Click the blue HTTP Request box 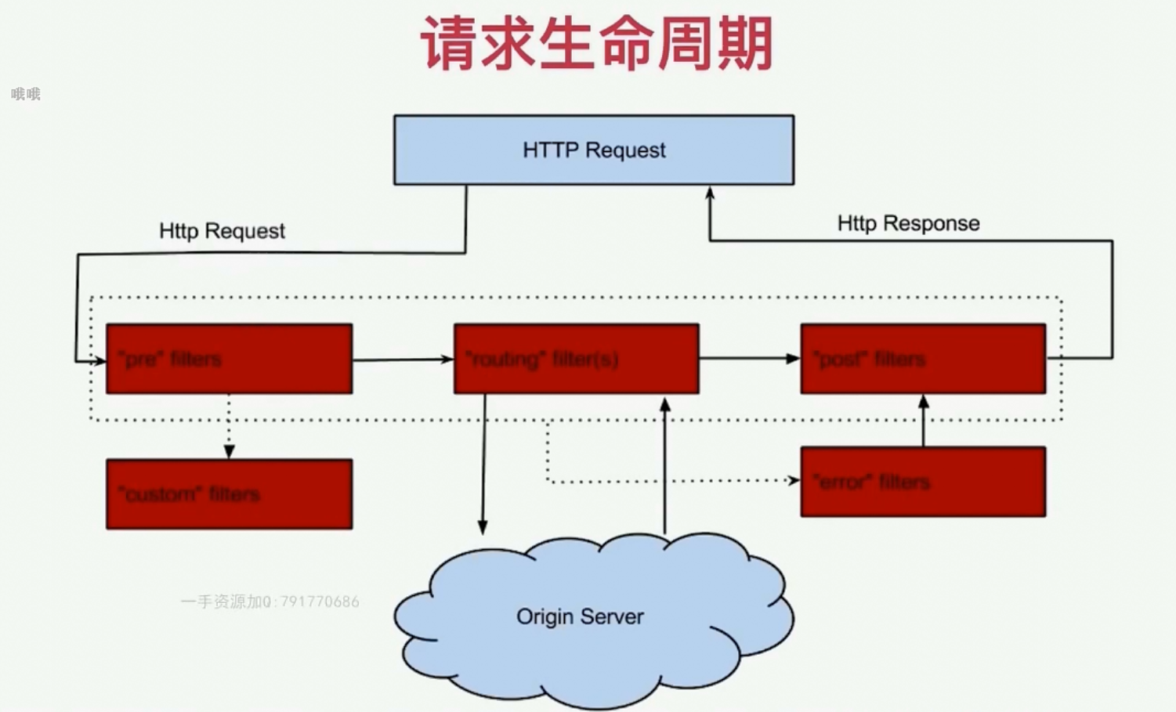[x=593, y=150]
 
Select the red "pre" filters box [x=229, y=359]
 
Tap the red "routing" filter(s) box [x=576, y=359]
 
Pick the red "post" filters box [x=923, y=359]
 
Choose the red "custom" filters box [x=229, y=494]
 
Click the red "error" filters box [x=923, y=482]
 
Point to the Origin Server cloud [x=581, y=617]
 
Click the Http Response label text [x=908, y=223]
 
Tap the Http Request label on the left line [x=222, y=231]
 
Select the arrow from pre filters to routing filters [x=403, y=360]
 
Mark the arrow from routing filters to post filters [x=749, y=359]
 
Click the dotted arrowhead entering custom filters [x=229, y=452]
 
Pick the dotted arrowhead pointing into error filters [x=794, y=480]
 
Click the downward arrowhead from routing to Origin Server [x=483, y=527]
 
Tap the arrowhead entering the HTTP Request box [x=710, y=193]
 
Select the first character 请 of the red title [x=449, y=44]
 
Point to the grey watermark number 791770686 [x=320, y=602]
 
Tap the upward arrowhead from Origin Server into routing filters [x=665, y=405]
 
